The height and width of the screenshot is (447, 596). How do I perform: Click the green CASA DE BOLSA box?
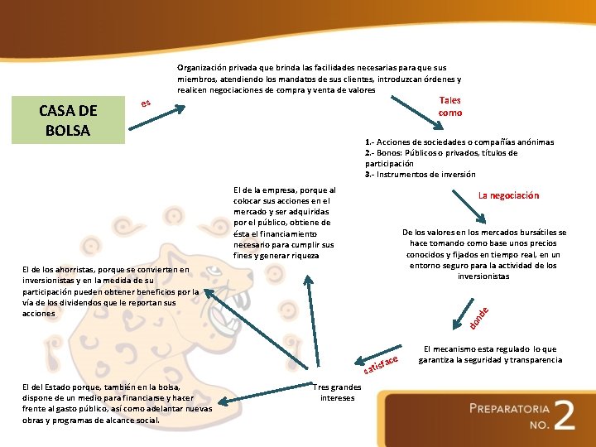(69, 120)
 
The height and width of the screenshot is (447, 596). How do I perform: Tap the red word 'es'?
(146, 103)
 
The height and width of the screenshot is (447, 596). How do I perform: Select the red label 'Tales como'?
(450, 106)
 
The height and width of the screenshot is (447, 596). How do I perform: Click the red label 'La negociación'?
(508, 195)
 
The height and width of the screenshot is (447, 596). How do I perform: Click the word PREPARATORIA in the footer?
(509, 408)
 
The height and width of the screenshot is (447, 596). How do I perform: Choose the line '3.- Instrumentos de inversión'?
(421, 175)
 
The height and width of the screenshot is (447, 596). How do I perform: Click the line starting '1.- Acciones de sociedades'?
(459, 142)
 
